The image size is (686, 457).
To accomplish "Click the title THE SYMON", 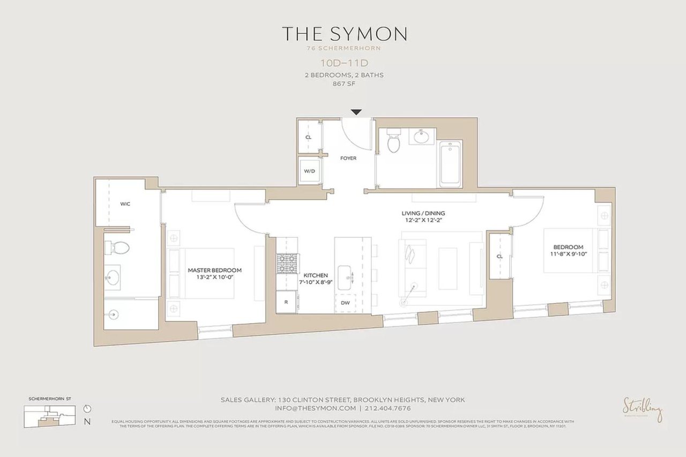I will point(345,34).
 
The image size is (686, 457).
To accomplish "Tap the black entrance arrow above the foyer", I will point(356,112).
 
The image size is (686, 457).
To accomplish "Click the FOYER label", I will point(348,158).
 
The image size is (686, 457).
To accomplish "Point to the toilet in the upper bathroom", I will point(394,140).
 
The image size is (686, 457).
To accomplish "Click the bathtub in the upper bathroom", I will point(450,164).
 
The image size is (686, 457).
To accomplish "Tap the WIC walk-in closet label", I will point(125,204).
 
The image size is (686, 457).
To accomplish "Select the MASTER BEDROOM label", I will point(214,271).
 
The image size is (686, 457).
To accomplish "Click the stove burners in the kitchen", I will point(287,264).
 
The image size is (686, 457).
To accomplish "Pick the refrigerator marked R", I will point(286,302).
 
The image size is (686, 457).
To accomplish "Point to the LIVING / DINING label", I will point(423,213).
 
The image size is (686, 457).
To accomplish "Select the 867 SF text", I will point(345,84).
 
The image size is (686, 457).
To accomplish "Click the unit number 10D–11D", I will point(345,63).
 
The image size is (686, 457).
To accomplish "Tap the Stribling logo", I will point(642,409).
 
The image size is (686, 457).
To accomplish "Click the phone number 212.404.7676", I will point(389,408).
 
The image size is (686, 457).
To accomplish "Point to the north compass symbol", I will point(87,408).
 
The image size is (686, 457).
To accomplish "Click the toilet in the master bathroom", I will point(119,248).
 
